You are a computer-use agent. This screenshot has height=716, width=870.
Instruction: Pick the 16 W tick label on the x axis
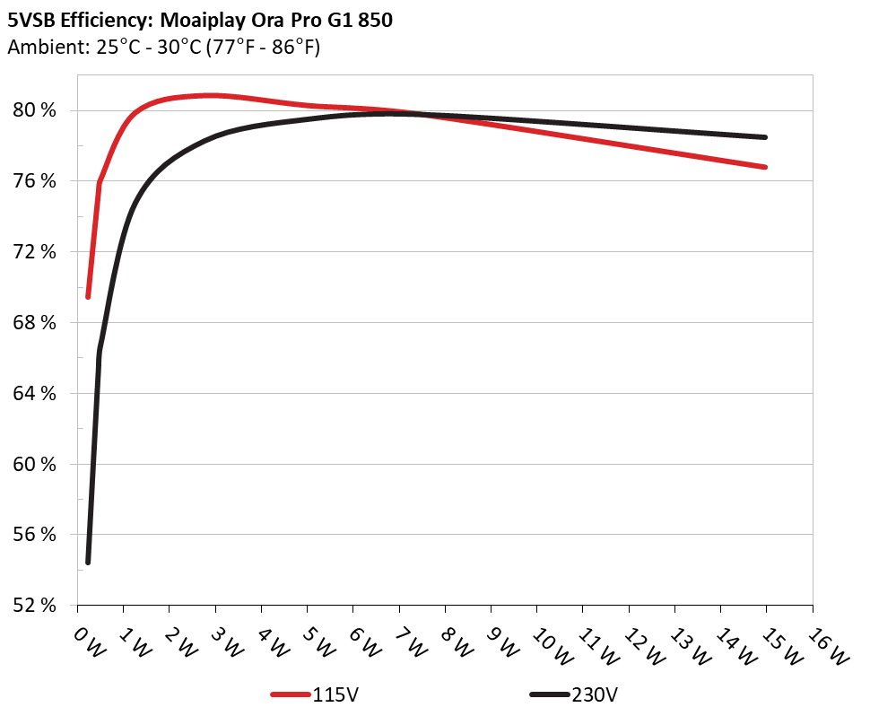pyautogui.click(x=831, y=644)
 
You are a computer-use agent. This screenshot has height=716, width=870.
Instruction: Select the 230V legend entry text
pyautogui.click(x=595, y=694)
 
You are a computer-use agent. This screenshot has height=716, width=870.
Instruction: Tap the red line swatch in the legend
pyautogui.click(x=291, y=694)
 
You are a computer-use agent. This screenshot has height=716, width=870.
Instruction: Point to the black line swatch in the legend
pyautogui.click(x=549, y=694)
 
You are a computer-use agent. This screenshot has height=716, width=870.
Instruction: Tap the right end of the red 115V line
pyautogui.click(x=766, y=167)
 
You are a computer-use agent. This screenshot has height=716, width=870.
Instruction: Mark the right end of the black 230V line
pyautogui.click(x=766, y=137)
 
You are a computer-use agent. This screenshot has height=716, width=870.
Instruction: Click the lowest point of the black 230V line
pyautogui.click(x=88, y=563)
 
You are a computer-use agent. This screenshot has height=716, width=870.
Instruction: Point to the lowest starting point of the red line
pyautogui.click(x=88, y=297)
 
